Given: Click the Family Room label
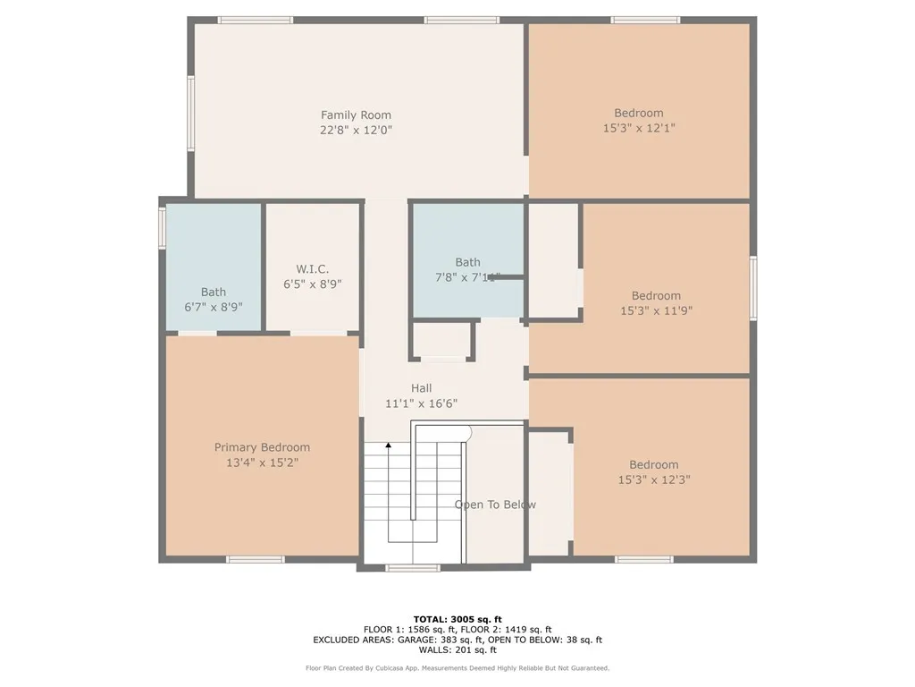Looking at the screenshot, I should tap(356, 114).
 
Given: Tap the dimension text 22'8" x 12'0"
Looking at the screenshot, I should tap(356, 130).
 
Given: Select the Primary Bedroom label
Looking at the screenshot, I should tap(262, 447).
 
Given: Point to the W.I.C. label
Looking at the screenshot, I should tap(313, 269).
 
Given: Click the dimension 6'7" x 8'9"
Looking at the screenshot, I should tap(213, 306).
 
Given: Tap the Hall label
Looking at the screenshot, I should tap(421, 388).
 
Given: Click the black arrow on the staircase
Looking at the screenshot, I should tap(389, 445).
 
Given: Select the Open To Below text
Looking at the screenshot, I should tap(495, 505).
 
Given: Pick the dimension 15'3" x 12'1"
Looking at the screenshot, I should tap(638, 128).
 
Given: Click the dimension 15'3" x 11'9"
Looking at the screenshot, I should tap(656, 310).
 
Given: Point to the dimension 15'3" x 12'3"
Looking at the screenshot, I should tap(653, 479).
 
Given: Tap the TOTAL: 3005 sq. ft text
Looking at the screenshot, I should tap(457, 619).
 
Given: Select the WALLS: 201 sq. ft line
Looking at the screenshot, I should tap(457, 650).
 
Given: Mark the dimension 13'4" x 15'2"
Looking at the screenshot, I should tap(262, 462).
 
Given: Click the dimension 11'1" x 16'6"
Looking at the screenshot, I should tap(421, 403).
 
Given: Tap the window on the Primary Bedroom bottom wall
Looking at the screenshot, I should tap(255, 560).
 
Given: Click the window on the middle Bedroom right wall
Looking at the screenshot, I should tap(753, 288).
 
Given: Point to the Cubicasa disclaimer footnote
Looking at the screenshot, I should tap(457, 668).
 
